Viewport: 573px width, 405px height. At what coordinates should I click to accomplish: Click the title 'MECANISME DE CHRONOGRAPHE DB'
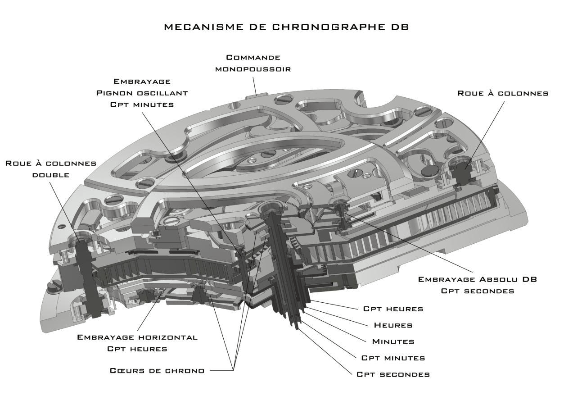point(286,27)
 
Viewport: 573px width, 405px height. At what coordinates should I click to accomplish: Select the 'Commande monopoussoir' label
point(253,63)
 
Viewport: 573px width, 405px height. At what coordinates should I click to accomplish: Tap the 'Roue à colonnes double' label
point(51,168)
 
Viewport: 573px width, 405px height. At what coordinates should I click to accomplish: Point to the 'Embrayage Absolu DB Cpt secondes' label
point(478,285)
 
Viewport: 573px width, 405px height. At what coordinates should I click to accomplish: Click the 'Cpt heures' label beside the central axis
point(393,309)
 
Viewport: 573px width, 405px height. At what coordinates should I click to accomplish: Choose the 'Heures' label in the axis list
point(393,325)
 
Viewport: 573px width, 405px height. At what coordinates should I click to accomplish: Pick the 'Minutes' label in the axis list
point(393,341)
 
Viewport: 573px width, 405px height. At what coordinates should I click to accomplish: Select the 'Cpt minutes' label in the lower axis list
point(393,358)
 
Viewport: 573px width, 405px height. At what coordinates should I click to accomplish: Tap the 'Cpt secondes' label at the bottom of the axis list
point(393,374)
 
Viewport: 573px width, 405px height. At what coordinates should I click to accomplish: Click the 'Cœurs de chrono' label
point(157,371)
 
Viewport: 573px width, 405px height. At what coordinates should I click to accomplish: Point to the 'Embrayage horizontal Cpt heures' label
point(137,343)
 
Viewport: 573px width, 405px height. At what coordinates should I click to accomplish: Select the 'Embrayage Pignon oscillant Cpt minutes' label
point(142,92)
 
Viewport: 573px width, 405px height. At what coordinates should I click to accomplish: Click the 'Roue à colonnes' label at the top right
point(503,93)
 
